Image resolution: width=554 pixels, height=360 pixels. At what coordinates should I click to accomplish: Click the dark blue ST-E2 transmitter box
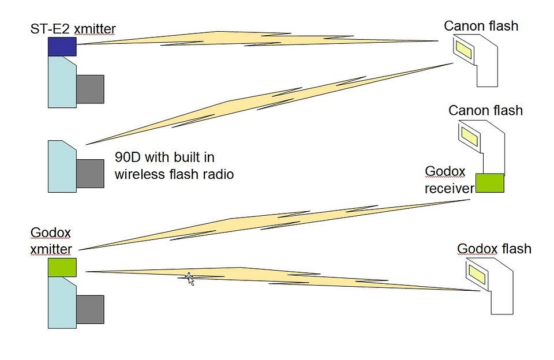[62, 46]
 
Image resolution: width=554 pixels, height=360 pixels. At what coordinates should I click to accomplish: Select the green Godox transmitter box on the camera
[62, 267]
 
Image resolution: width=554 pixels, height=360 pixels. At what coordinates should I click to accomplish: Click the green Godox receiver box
[489, 183]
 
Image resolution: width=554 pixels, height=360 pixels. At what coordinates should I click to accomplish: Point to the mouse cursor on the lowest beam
[189, 278]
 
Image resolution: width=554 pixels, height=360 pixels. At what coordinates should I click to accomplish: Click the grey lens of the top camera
[90, 89]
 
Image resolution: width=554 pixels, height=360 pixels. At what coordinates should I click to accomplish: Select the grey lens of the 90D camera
[90, 174]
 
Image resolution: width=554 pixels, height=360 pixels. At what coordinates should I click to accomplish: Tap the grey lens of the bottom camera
[90, 309]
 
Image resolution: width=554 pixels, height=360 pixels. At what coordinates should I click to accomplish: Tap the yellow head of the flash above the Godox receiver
[469, 137]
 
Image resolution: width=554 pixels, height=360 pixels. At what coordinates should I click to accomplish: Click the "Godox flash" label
[494, 249]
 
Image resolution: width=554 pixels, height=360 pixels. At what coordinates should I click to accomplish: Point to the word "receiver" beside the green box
[449, 189]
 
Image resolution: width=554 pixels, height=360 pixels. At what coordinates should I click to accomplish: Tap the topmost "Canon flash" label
[481, 26]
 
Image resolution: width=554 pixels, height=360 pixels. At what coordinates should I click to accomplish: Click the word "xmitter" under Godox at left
[51, 249]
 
